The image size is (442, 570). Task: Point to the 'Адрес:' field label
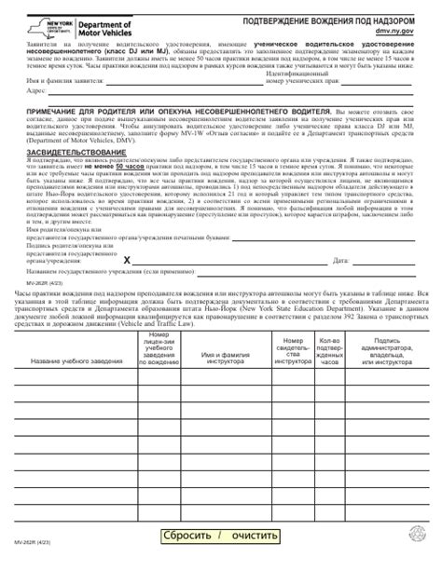click(33, 92)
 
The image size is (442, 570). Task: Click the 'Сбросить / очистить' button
click(221, 537)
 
